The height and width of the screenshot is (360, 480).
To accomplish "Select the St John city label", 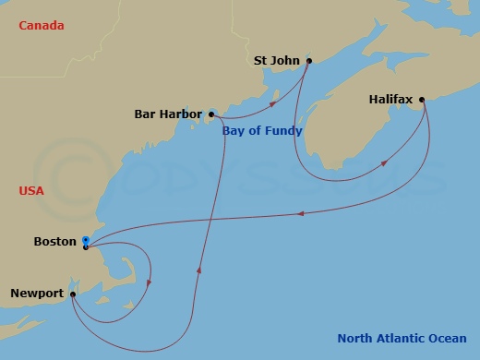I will point(276,62).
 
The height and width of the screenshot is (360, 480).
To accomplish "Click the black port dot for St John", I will point(308,62).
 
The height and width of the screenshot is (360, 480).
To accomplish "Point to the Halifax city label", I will point(391,98).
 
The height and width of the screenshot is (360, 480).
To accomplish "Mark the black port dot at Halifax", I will point(422,99).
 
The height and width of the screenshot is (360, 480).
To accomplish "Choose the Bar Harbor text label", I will point(168,115).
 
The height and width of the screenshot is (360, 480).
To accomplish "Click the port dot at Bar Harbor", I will point(210,115).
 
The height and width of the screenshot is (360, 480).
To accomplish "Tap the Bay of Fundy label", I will point(262,131).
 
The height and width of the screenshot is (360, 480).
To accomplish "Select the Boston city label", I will point(54,242).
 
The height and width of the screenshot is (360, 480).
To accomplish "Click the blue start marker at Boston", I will point(85,240).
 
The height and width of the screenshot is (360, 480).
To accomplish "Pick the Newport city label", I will point(37,294).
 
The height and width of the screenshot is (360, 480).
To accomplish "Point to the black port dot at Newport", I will point(72,294).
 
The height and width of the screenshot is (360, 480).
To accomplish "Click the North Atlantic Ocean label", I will point(402,338).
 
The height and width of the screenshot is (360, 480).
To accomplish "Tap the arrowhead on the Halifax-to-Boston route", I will point(301,214).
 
